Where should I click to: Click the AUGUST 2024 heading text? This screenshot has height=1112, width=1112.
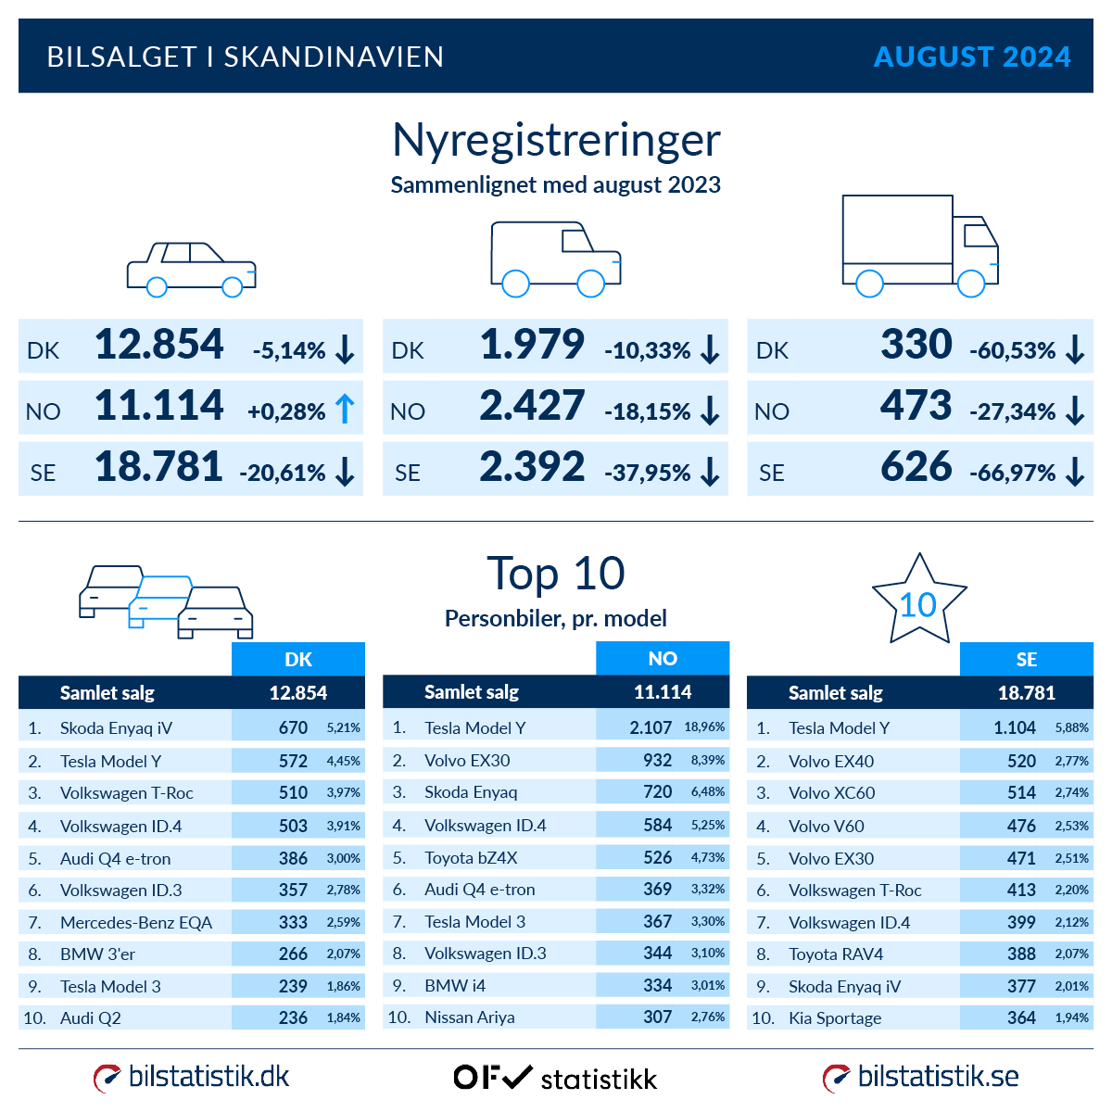(971, 57)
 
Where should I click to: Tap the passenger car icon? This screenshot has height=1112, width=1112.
(191, 269)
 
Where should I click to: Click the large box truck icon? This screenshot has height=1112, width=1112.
(919, 246)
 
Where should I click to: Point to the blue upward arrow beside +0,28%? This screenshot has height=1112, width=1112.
(345, 410)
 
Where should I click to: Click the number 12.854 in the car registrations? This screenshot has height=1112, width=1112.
(159, 345)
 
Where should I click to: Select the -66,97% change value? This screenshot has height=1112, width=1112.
(1012, 473)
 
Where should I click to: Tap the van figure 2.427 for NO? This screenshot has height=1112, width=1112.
(532, 407)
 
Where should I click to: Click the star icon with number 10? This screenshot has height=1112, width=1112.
(918, 600)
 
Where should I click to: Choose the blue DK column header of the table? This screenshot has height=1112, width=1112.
(297, 659)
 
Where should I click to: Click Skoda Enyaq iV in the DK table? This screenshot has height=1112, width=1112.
(116, 728)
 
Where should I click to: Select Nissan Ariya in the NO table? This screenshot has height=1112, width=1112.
(469, 1017)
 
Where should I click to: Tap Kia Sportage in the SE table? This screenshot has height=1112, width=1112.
(834, 1018)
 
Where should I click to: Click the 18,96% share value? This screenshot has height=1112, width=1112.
(704, 727)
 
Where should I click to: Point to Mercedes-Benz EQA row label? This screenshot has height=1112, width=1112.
(135, 922)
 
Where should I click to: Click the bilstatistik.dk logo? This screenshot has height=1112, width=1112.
(192, 1077)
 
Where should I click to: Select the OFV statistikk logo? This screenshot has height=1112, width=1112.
(555, 1078)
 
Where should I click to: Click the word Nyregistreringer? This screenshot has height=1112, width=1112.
(556, 141)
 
